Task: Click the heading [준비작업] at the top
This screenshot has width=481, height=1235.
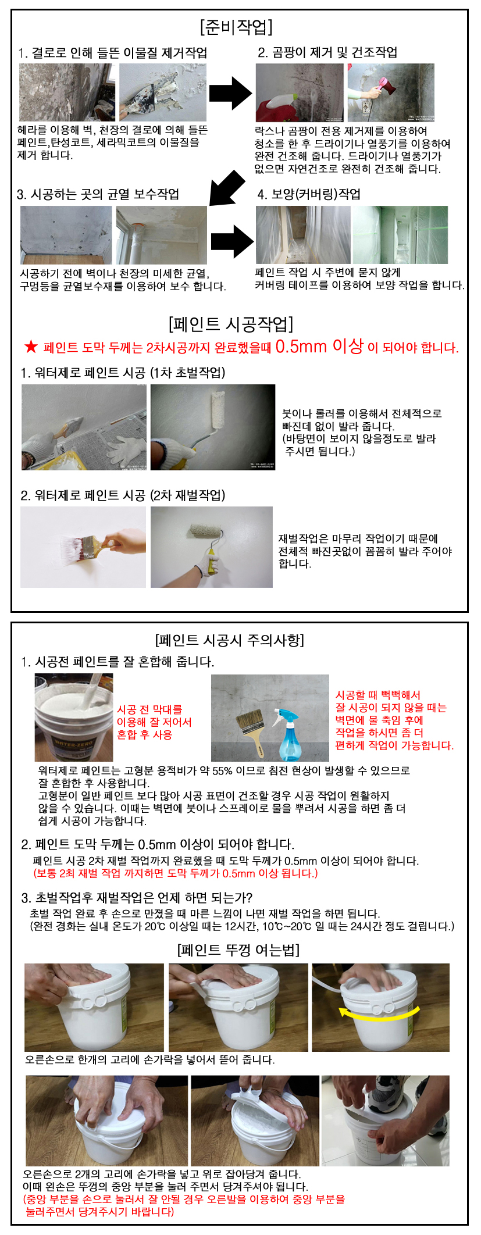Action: click(x=236, y=27)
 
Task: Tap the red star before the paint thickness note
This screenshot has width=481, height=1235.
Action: click(x=31, y=347)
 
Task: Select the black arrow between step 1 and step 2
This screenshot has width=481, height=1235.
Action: click(x=231, y=93)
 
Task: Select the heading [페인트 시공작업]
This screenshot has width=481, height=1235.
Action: click(x=231, y=323)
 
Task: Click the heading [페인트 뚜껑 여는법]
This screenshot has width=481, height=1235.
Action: click(x=238, y=950)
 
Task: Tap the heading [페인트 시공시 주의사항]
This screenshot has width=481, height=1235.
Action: click(x=230, y=640)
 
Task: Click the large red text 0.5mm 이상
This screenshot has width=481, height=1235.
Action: click(x=319, y=346)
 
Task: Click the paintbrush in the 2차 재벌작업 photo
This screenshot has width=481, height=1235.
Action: click(x=87, y=547)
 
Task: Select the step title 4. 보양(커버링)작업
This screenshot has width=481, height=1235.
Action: click(x=309, y=194)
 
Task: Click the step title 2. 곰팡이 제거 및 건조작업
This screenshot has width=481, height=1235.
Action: click(x=327, y=52)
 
